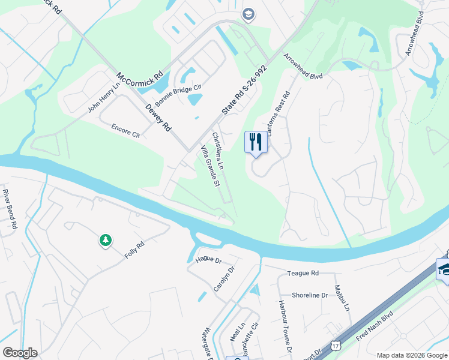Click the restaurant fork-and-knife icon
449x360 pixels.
pyautogui.click(x=256, y=142)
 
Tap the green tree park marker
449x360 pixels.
pyautogui.click(x=106, y=241)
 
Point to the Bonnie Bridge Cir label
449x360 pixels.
pyautogui.click(x=178, y=94)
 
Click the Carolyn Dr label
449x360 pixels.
pyautogui.click(x=224, y=279)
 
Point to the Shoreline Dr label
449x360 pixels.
pyautogui.click(x=310, y=295)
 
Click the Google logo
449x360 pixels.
pyautogui.click(x=20, y=353)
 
